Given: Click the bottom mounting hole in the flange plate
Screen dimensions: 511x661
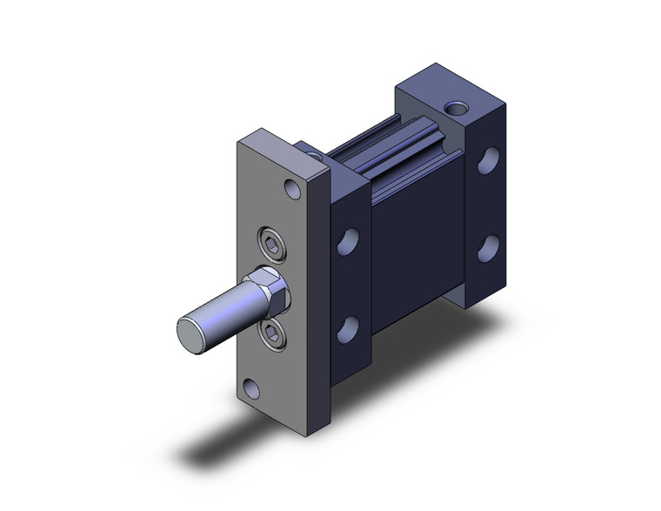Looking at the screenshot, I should (252, 387).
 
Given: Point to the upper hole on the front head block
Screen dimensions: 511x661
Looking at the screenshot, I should (351, 240).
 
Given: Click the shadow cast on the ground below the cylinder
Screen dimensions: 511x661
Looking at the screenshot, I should (261, 444).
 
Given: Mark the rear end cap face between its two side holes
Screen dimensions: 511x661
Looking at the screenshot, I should (489, 204).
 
